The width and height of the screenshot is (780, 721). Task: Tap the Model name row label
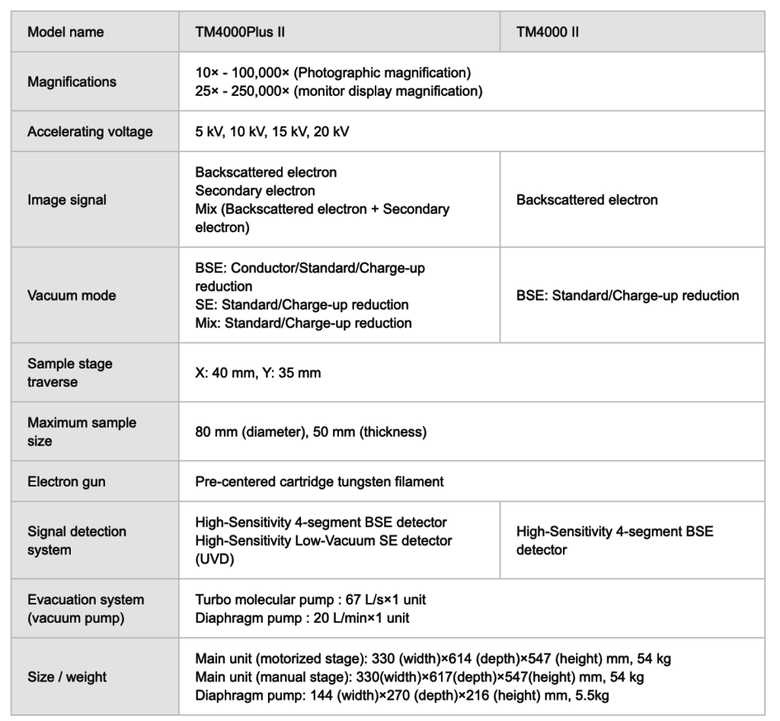[66, 32]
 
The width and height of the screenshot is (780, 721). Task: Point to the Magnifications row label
[72, 82]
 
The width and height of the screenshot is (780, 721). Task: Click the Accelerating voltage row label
[90, 132]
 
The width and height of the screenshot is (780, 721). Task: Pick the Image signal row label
[67, 200]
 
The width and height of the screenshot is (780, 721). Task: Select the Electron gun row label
[66, 481]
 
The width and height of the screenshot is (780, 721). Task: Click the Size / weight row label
[67, 676]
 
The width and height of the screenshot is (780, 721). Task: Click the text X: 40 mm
[222, 373]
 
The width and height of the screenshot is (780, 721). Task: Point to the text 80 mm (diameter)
[244, 432]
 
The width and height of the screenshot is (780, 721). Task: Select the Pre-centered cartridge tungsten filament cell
[319, 481]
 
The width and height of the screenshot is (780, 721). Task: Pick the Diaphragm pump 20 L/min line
[302, 617]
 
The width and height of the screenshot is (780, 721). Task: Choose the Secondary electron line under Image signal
[255, 190]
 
